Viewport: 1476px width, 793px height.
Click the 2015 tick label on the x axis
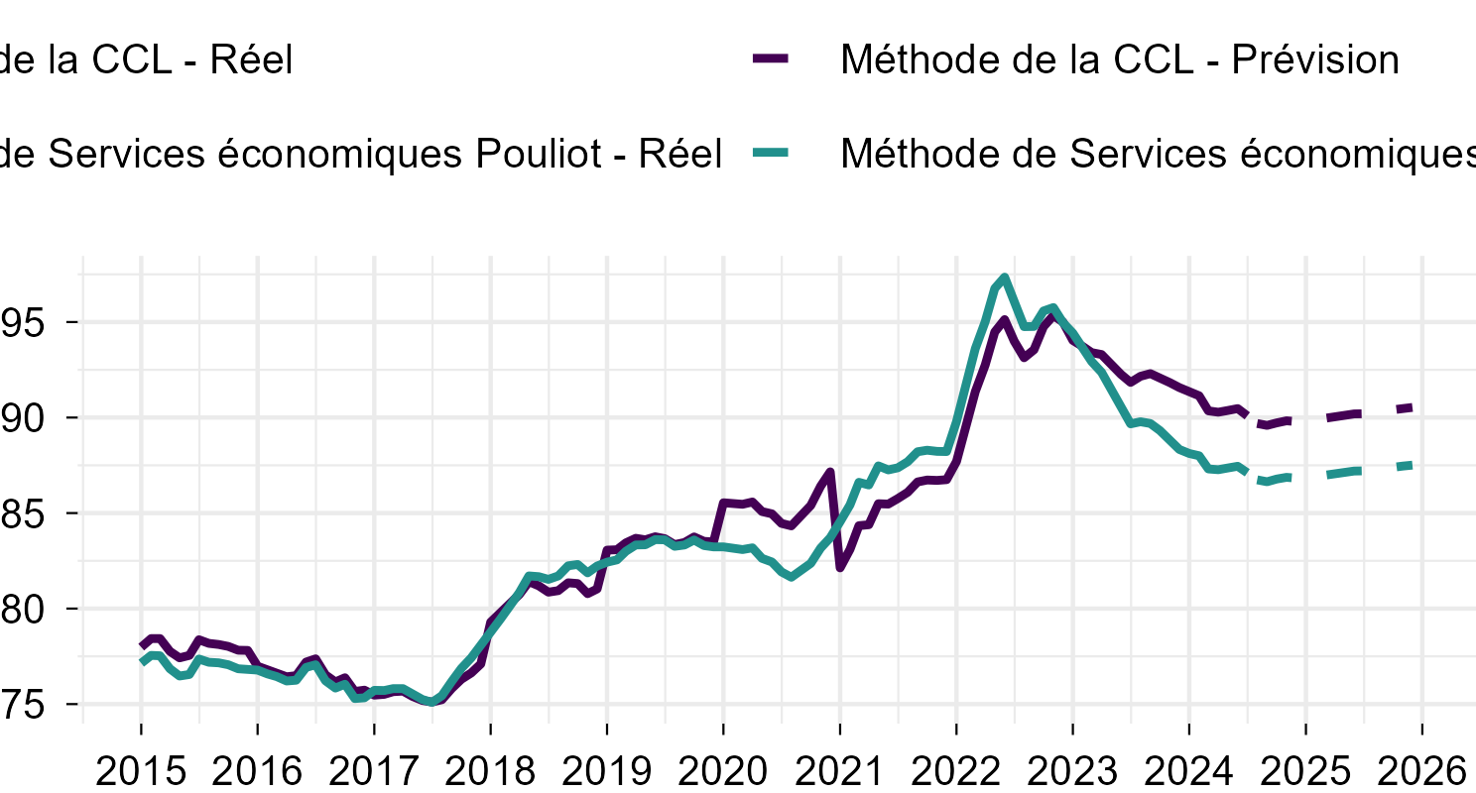pyautogui.click(x=140, y=770)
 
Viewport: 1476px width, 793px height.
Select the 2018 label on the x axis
pyautogui.click(x=490, y=770)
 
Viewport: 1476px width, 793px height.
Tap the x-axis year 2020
pyautogui.click(x=723, y=770)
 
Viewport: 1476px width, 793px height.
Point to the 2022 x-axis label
pyautogui.click(x=956, y=770)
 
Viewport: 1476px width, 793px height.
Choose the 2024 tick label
pyautogui.click(x=1189, y=770)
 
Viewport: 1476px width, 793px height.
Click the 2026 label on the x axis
pyautogui.click(x=1422, y=770)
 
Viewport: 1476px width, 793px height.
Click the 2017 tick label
pyautogui.click(x=373, y=770)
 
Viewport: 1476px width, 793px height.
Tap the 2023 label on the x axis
pyautogui.click(x=1072, y=770)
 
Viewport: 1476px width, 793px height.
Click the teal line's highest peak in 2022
pyautogui.click(x=1005, y=278)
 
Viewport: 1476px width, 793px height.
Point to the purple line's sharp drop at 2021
pyautogui.click(x=840, y=568)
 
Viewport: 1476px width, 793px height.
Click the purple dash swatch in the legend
pyautogui.click(x=771, y=59)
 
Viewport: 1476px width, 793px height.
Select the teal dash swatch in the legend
pyautogui.click(x=771, y=154)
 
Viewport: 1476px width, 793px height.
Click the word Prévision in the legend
pyautogui.click(x=1315, y=60)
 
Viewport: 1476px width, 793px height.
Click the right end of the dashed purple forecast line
pyautogui.click(x=1411, y=407)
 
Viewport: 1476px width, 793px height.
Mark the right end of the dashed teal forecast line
pyautogui.click(x=1411, y=465)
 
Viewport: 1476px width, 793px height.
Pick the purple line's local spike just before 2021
pyautogui.click(x=830, y=472)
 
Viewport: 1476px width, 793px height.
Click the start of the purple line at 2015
pyautogui.click(x=141, y=646)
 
